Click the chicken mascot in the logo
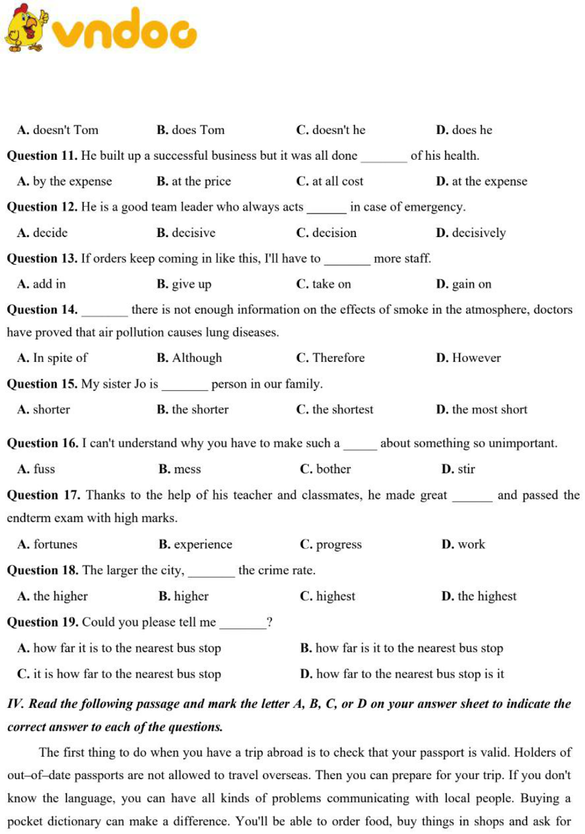coord(26,28)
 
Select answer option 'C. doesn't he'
coord(330,130)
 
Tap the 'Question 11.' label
coord(42,156)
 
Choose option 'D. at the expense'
coord(481,182)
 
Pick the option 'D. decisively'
coord(470,233)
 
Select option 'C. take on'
coord(323,284)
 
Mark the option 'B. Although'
coord(189,358)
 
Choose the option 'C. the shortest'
coord(335,409)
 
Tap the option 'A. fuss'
coord(36,469)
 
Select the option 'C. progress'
coord(330,545)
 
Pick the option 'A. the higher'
coord(52,596)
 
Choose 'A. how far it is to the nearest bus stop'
coord(119,648)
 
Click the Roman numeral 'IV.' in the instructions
coord(15,704)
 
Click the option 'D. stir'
coord(458,469)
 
